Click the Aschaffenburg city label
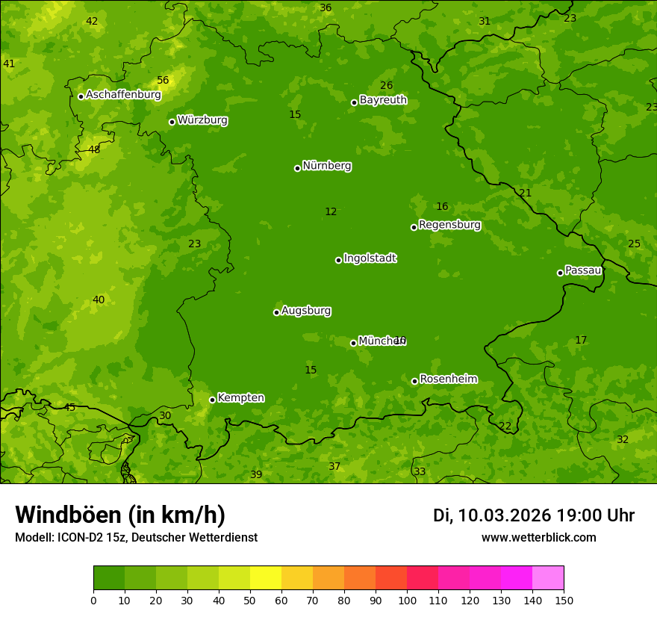[123, 95]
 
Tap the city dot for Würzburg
[172, 122]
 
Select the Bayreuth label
[383, 100]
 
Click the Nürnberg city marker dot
[297, 168]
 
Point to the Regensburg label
[449, 225]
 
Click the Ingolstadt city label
[370, 258]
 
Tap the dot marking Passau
[560, 273]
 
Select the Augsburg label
[306, 311]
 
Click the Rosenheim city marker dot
[414, 381]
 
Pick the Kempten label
[240, 398]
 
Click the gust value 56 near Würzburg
[163, 81]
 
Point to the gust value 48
[94, 149]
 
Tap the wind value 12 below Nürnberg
[331, 212]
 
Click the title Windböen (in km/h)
[120, 515]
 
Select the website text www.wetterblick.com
[538, 538]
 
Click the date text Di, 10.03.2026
[492, 515]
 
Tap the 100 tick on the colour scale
[407, 599]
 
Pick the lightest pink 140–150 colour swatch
[548, 578]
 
